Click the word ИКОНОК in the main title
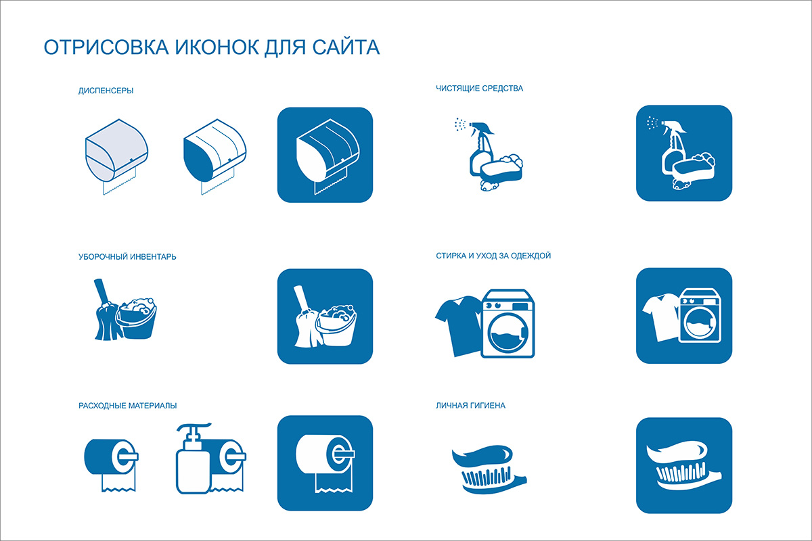click(x=217, y=47)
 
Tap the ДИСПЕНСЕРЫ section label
click(x=106, y=91)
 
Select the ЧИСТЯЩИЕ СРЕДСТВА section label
click(x=479, y=89)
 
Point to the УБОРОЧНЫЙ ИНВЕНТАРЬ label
click(x=127, y=256)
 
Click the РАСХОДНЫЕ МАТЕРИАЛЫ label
click(x=128, y=406)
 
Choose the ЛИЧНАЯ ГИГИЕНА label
click(x=470, y=406)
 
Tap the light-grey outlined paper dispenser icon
click(x=116, y=156)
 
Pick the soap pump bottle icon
click(x=194, y=458)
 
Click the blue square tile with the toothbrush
click(x=684, y=465)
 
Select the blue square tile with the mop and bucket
click(x=325, y=316)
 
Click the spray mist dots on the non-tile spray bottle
click(x=460, y=124)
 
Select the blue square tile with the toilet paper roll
click(x=325, y=463)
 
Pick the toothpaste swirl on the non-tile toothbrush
click(x=482, y=456)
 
